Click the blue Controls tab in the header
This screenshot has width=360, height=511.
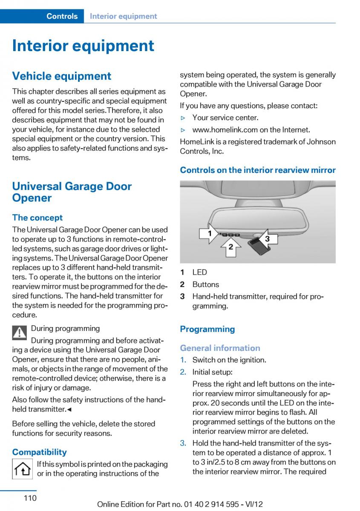[x=62, y=16]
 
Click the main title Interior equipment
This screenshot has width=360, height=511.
[x=83, y=46]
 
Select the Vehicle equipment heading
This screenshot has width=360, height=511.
[x=61, y=76]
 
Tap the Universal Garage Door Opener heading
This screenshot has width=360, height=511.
[x=72, y=192]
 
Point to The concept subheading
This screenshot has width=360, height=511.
[x=37, y=218]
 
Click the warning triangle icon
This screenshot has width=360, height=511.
[x=20, y=333]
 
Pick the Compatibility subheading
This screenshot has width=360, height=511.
[x=40, y=452]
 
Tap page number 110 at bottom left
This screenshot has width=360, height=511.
[x=30, y=498]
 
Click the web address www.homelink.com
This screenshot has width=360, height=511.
[x=251, y=129]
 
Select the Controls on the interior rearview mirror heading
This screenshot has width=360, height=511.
[x=258, y=170]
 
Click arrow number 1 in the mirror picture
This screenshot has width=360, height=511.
[x=209, y=233]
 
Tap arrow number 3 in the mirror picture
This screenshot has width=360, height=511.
[x=267, y=238]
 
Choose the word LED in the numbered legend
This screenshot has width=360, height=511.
[x=199, y=272]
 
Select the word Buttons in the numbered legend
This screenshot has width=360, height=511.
[x=205, y=284]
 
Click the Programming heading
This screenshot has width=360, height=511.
[x=207, y=329]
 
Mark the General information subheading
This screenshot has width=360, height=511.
[x=220, y=348]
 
